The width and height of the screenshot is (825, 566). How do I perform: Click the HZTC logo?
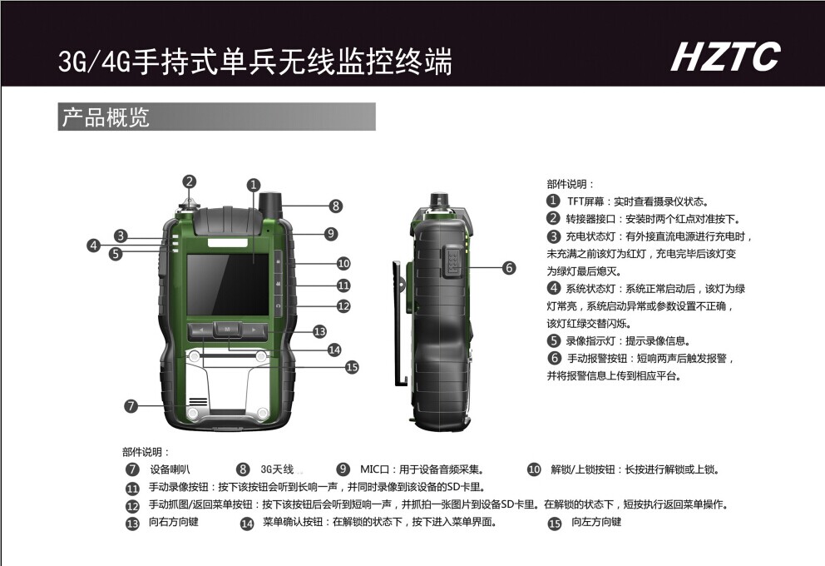point(725,57)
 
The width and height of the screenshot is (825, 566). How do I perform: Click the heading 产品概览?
point(106,117)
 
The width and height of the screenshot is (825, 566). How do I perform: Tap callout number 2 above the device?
point(190,181)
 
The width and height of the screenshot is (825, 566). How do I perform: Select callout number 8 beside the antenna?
point(336,206)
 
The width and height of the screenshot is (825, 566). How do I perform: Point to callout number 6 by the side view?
point(509,268)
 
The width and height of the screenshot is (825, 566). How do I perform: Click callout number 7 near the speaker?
point(131,406)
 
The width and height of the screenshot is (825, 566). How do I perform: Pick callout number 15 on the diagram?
point(352,367)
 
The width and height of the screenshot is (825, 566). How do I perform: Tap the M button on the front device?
point(228,329)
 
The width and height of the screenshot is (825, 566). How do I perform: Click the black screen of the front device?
point(229,285)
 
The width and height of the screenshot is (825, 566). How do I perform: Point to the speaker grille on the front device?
point(198,400)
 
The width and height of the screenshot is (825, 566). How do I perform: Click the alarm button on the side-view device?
point(452,261)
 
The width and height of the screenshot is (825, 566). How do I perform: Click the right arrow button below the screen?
point(254,330)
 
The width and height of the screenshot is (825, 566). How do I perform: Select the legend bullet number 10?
point(534,469)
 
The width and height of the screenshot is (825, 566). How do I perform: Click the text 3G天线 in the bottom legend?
point(277,469)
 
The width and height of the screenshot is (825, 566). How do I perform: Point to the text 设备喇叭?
point(170,469)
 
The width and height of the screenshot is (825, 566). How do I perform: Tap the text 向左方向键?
point(596,522)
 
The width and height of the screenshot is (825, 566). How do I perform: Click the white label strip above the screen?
point(228,243)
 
